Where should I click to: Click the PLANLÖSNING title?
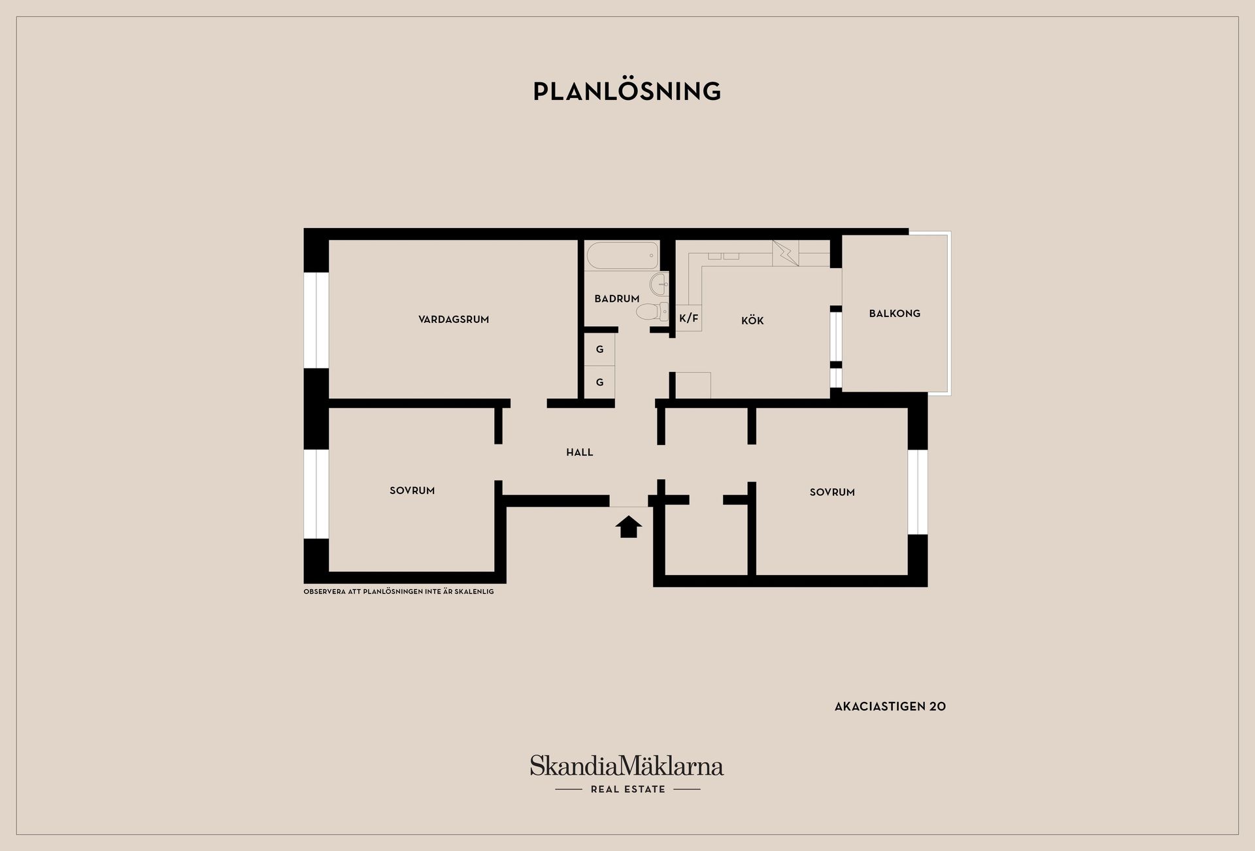(627, 91)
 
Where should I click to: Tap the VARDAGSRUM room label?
(454, 320)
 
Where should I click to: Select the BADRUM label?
(617, 299)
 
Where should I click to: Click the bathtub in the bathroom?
(622, 256)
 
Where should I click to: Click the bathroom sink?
(659, 285)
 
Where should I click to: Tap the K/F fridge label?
(688, 318)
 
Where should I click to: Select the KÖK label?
(752, 320)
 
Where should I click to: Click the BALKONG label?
(894, 314)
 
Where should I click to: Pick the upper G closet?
(599, 350)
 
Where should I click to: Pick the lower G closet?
(599, 382)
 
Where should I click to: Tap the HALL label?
(580, 452)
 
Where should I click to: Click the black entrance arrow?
(628, 526)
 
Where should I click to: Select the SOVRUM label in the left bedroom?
(412, 491)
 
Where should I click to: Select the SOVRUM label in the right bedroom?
(832, 492)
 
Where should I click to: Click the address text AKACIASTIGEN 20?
(890, 707)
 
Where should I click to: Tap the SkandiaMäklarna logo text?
(627, 765)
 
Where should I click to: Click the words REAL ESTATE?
(627, 790)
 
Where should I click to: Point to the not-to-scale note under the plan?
(399, 592)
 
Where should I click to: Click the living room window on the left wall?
(316, 320)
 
